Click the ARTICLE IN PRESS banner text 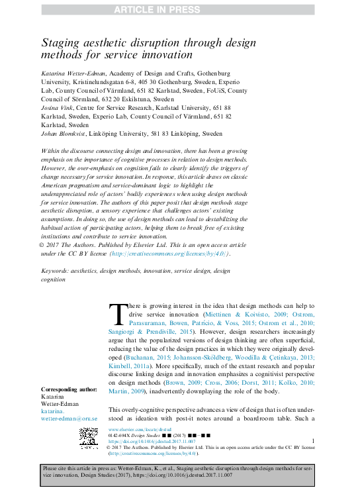click(179, 8)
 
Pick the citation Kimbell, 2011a click(130, 365)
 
